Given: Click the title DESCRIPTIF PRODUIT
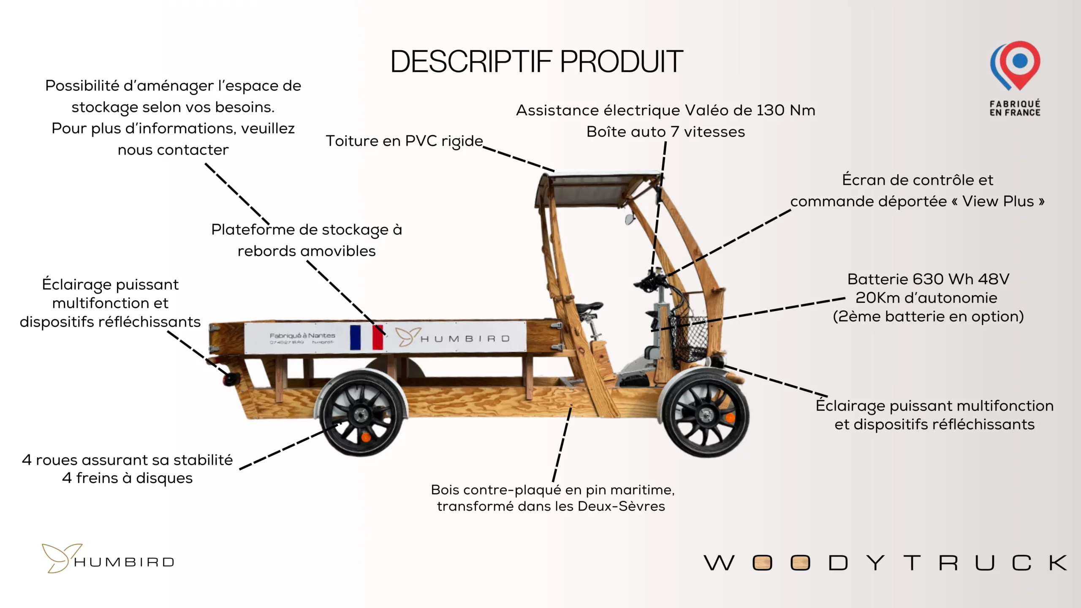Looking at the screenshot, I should (536, 62).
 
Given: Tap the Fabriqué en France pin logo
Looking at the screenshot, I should (1015, 66).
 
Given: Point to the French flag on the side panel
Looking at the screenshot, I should (367, 337).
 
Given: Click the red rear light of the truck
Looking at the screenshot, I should (231, 379).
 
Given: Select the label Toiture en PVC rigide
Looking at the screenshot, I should (404, 141).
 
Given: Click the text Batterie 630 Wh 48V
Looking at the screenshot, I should (928, 279).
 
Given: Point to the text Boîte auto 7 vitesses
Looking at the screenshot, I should (665, 132).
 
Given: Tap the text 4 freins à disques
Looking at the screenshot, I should (127, 478).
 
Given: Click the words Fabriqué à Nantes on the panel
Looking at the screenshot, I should (302, 335).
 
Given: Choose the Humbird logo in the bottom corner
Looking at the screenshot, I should (108, 558).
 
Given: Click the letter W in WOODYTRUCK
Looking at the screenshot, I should (719, 563).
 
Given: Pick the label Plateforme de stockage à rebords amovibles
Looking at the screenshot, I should (307, 240).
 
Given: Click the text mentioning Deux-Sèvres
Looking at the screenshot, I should (551, 506).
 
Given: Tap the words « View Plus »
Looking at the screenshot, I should (1003, 201).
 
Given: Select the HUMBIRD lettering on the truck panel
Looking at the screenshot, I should (465, 339).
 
